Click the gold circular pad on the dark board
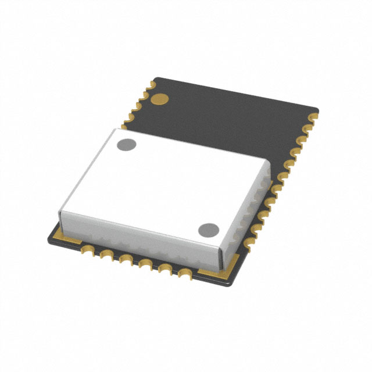click(159, 99)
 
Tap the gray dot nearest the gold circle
click(126, 144)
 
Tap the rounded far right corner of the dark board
click(317, 108)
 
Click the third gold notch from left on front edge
click(125, 259)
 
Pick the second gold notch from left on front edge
click(107, 255)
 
